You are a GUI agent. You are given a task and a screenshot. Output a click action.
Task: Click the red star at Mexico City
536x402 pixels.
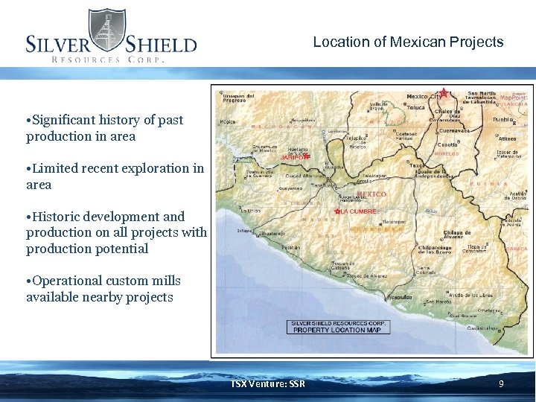[x=444, y=93]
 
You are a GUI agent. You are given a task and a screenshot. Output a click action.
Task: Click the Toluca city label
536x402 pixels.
[x=415, y=107]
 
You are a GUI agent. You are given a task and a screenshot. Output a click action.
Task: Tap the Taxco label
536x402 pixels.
[x=417, y=165]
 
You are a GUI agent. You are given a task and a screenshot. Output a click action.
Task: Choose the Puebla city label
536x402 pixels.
[x=503, y=119]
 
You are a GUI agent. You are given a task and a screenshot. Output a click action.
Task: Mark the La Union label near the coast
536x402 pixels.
[x=252, y=211]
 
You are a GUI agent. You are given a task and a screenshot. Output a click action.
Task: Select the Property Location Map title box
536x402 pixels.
[x=337, y=327]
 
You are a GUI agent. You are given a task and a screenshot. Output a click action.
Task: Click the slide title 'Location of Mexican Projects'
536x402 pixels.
[x=408, y=42]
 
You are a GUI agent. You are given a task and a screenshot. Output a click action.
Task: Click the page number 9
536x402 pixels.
[x=501, y=384]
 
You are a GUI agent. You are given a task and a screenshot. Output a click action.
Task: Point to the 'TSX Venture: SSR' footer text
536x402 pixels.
[x=267, y=384]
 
